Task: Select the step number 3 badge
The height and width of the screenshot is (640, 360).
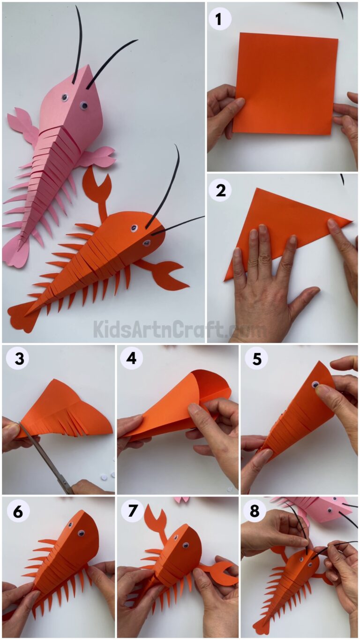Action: point(17,359)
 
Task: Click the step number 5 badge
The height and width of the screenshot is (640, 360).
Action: point(256,359)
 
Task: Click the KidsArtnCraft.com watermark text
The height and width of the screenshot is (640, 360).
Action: point(180,329)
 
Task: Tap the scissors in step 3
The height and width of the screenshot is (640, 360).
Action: point(47,458)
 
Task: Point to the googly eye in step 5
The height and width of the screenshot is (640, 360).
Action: point(316,385)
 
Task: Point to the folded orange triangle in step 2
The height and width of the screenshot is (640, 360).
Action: point(286,225)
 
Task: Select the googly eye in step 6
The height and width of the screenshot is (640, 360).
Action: point(81,533)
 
